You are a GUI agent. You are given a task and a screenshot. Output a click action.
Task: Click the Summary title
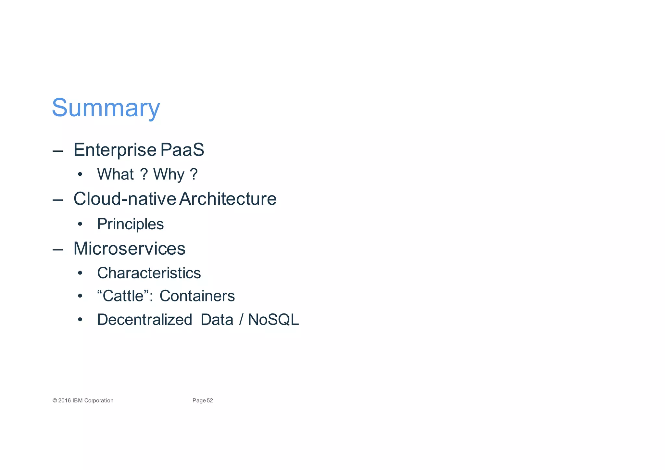106,108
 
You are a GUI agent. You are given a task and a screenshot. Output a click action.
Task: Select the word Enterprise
115,150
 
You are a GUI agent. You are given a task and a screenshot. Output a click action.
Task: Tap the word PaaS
182,150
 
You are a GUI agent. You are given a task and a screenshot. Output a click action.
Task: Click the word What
115,174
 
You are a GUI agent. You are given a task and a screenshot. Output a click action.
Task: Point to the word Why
169,174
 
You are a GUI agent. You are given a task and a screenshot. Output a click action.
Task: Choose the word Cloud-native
125,199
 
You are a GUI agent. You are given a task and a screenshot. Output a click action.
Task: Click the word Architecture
228,199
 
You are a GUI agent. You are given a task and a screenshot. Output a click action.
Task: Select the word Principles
130,224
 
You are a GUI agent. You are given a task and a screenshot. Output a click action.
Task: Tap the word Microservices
129,248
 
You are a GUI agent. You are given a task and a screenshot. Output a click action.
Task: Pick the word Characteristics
149,273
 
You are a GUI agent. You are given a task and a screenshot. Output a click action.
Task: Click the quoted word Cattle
123,296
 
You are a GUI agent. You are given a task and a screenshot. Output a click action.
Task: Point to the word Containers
197,296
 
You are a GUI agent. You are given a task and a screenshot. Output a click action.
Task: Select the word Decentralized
144,320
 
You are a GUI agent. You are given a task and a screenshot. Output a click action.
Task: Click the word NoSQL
273,320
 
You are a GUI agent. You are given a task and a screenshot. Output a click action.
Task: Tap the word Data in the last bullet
217,320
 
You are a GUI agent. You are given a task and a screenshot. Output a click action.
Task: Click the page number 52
210,400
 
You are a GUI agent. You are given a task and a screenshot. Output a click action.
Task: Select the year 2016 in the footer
64,400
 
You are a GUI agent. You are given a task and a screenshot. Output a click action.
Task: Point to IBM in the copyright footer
78,400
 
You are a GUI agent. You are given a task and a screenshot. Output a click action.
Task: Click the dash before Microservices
57,249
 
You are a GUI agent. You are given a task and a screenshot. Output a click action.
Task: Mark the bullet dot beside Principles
80,224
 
